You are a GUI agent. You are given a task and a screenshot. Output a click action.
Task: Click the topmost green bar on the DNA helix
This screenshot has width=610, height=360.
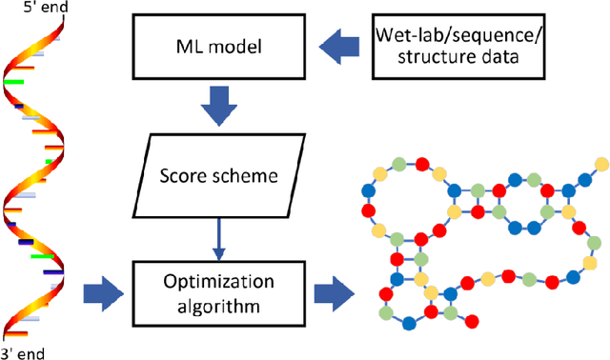(x=13, y=83)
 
